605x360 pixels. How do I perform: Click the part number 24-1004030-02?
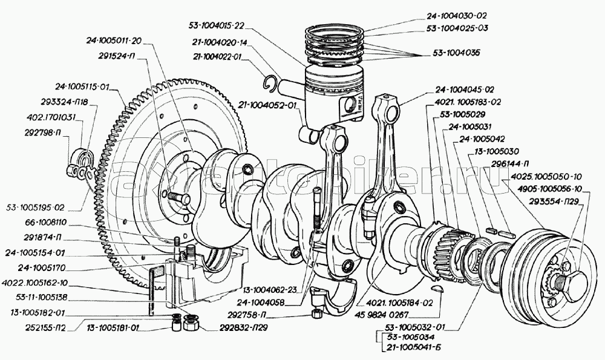coord(457,16)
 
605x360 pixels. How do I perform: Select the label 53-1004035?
coord(456,53)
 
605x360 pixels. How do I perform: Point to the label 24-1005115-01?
coord(82,87)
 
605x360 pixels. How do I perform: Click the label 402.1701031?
coord(51,117)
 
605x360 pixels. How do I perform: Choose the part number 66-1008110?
coord(46,223)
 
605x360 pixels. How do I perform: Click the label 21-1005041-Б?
coord(413,347)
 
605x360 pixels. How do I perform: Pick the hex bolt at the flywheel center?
coord(178,198)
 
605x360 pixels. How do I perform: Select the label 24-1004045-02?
coord(465,90)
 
